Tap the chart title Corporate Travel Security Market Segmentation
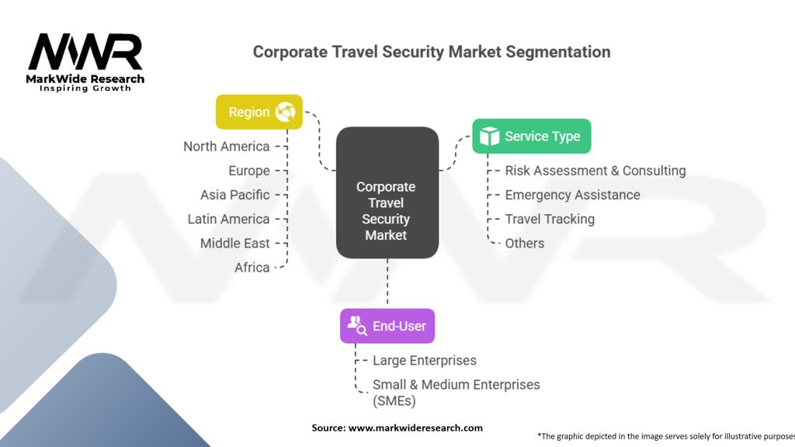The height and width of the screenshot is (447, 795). click(432, 52)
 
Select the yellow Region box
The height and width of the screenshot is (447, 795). click(259, 113)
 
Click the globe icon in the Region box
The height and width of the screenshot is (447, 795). click(285, 113)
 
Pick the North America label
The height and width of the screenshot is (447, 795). click(226, 147)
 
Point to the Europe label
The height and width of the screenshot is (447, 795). click(248, 171)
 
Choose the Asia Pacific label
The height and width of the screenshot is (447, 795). click(234, 195)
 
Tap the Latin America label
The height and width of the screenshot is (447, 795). click(228, 219)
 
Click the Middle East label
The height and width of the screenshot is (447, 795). click(234, 243)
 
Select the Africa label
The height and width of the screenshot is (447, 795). click(252, 267)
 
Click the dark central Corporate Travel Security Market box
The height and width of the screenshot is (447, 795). click(387, 193)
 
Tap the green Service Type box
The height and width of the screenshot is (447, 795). click(532, 137)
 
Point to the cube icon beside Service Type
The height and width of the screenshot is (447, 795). click(489, 137)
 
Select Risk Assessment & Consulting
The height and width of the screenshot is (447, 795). click(595, 171)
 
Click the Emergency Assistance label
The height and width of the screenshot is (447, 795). click(572, 195)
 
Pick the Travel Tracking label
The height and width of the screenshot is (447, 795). click(549, 219)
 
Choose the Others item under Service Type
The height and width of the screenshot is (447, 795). click(524, 243)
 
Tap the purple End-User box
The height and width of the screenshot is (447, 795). click(387, 326)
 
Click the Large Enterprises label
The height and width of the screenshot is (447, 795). click(424, 360)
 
